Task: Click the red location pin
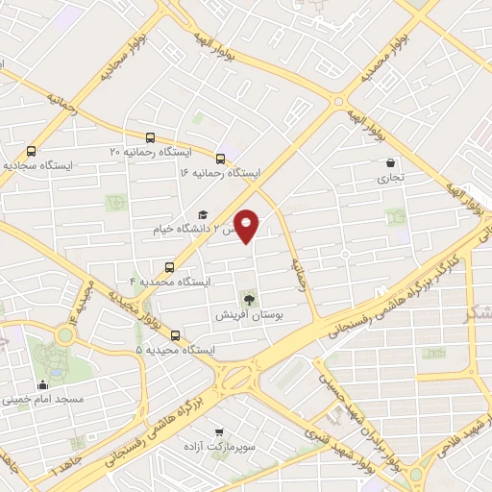247,225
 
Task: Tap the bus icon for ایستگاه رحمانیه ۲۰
152,137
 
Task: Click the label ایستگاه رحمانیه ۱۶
220,173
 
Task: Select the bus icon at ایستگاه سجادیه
32,151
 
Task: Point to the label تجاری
390,177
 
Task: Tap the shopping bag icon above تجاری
390,163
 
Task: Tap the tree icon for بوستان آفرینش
252,299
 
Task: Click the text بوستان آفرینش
252,314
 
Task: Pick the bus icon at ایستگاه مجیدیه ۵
175,335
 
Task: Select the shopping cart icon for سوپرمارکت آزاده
220,432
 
